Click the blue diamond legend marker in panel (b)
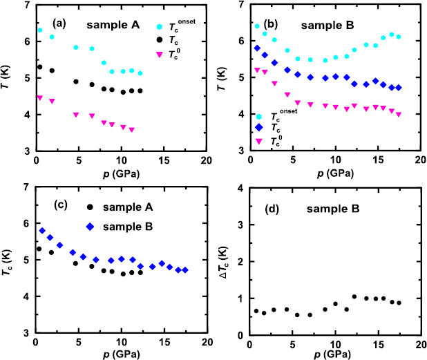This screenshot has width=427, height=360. [259, 128]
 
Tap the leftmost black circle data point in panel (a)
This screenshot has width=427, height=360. [40, 67]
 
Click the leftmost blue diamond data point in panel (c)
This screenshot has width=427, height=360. [42, 230]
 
